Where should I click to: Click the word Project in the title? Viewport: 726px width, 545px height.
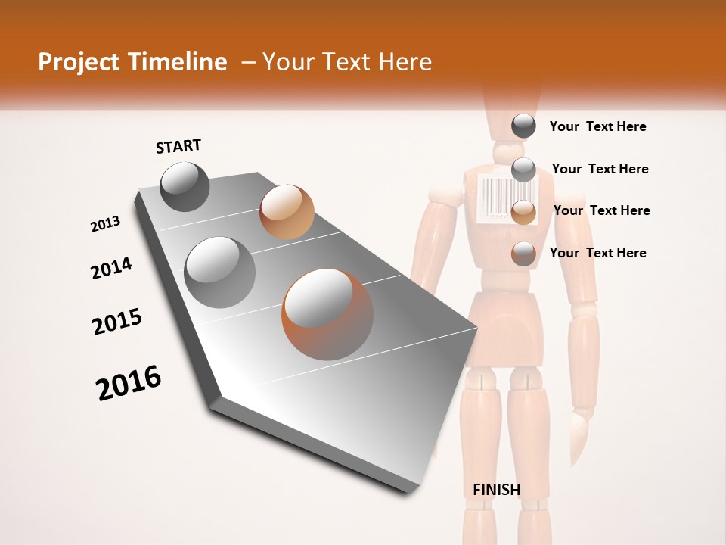click(x=79, y=63)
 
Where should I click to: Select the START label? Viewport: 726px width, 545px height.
click(x=178, y=145)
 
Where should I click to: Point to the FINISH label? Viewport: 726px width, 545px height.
click(x=497, y=489)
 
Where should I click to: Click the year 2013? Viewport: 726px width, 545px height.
click(x=105, y=224)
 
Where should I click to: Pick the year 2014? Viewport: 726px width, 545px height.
click(x=111, y=268)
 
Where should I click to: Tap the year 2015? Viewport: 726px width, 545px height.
click(x=117, y=322)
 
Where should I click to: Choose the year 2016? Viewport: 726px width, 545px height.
click(x=129, y=382)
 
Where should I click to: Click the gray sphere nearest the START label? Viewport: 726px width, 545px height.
click(x=185, y=186)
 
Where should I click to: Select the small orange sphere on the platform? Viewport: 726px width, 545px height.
click(x=287, y=212)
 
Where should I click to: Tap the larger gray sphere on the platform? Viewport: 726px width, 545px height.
click(x=220, y=272)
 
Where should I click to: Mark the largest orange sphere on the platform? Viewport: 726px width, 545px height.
click(x=327, y=314)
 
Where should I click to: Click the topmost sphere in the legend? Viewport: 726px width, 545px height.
click(x=523, y=126)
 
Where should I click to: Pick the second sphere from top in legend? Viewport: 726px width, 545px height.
click(x=523, y=170)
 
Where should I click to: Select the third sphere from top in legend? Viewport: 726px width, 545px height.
click(x=523, y=212)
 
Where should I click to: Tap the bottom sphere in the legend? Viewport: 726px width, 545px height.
click(x=523, y=254)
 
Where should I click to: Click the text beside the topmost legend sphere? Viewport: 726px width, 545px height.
click(x=597, y=126)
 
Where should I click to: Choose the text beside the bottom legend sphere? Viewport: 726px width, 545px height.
click(x=597, y=253)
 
